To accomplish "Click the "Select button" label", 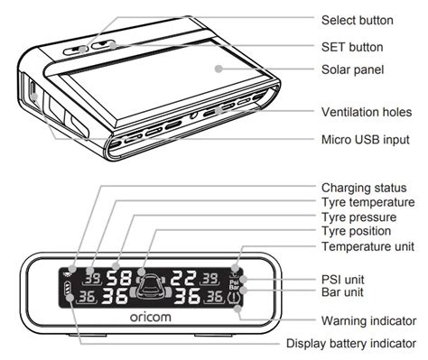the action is [358, 21].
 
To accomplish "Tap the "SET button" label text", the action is [352, 47].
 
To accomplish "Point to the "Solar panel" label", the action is [352, 69].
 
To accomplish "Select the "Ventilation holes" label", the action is [367, 112].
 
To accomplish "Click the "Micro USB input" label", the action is [366, 140].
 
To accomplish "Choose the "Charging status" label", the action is [364, 188].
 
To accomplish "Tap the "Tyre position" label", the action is [357, 231].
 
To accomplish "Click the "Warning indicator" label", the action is [368, 321].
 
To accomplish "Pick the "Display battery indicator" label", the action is [351, 344].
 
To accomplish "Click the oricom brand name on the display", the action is [151, 317].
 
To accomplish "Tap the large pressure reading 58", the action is [119, 279].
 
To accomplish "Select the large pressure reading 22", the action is [183, 278].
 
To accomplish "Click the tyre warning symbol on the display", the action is [235, 298].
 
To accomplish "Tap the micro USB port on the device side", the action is [33, 92].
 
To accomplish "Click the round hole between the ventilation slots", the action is [194, 115].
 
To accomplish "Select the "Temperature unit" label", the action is [368, 246].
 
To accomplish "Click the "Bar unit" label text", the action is [342, 292].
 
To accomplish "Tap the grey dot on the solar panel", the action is [219, 69].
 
